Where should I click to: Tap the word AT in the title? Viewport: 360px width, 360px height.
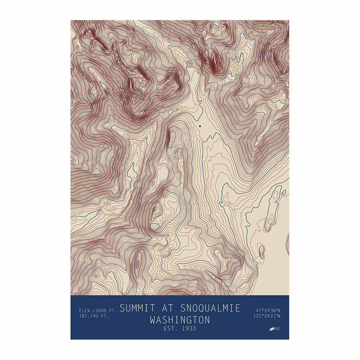[166, 308]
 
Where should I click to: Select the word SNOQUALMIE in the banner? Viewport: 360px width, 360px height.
[210, 308]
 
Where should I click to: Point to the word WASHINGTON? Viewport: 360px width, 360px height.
[180, 320]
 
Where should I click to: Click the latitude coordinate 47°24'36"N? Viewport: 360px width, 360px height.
[268, 310]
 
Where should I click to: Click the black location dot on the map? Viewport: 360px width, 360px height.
[199, 126]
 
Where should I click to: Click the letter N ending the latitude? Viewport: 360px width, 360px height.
[279, 310]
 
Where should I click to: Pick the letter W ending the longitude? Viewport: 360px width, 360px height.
[279, 316]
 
